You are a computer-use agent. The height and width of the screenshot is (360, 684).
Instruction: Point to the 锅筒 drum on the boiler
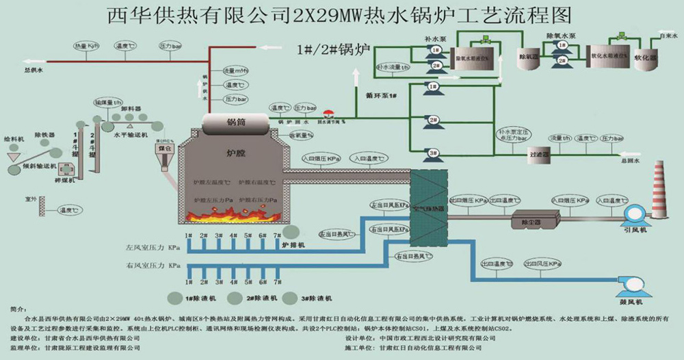[236, 123]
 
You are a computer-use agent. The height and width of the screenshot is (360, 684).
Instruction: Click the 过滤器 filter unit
[540, 155]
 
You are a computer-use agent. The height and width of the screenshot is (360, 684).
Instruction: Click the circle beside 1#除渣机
[174, 298]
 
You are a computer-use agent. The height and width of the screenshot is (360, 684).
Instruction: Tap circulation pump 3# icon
[433, 153]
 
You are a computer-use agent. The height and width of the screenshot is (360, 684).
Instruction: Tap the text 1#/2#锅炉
[332, 49]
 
